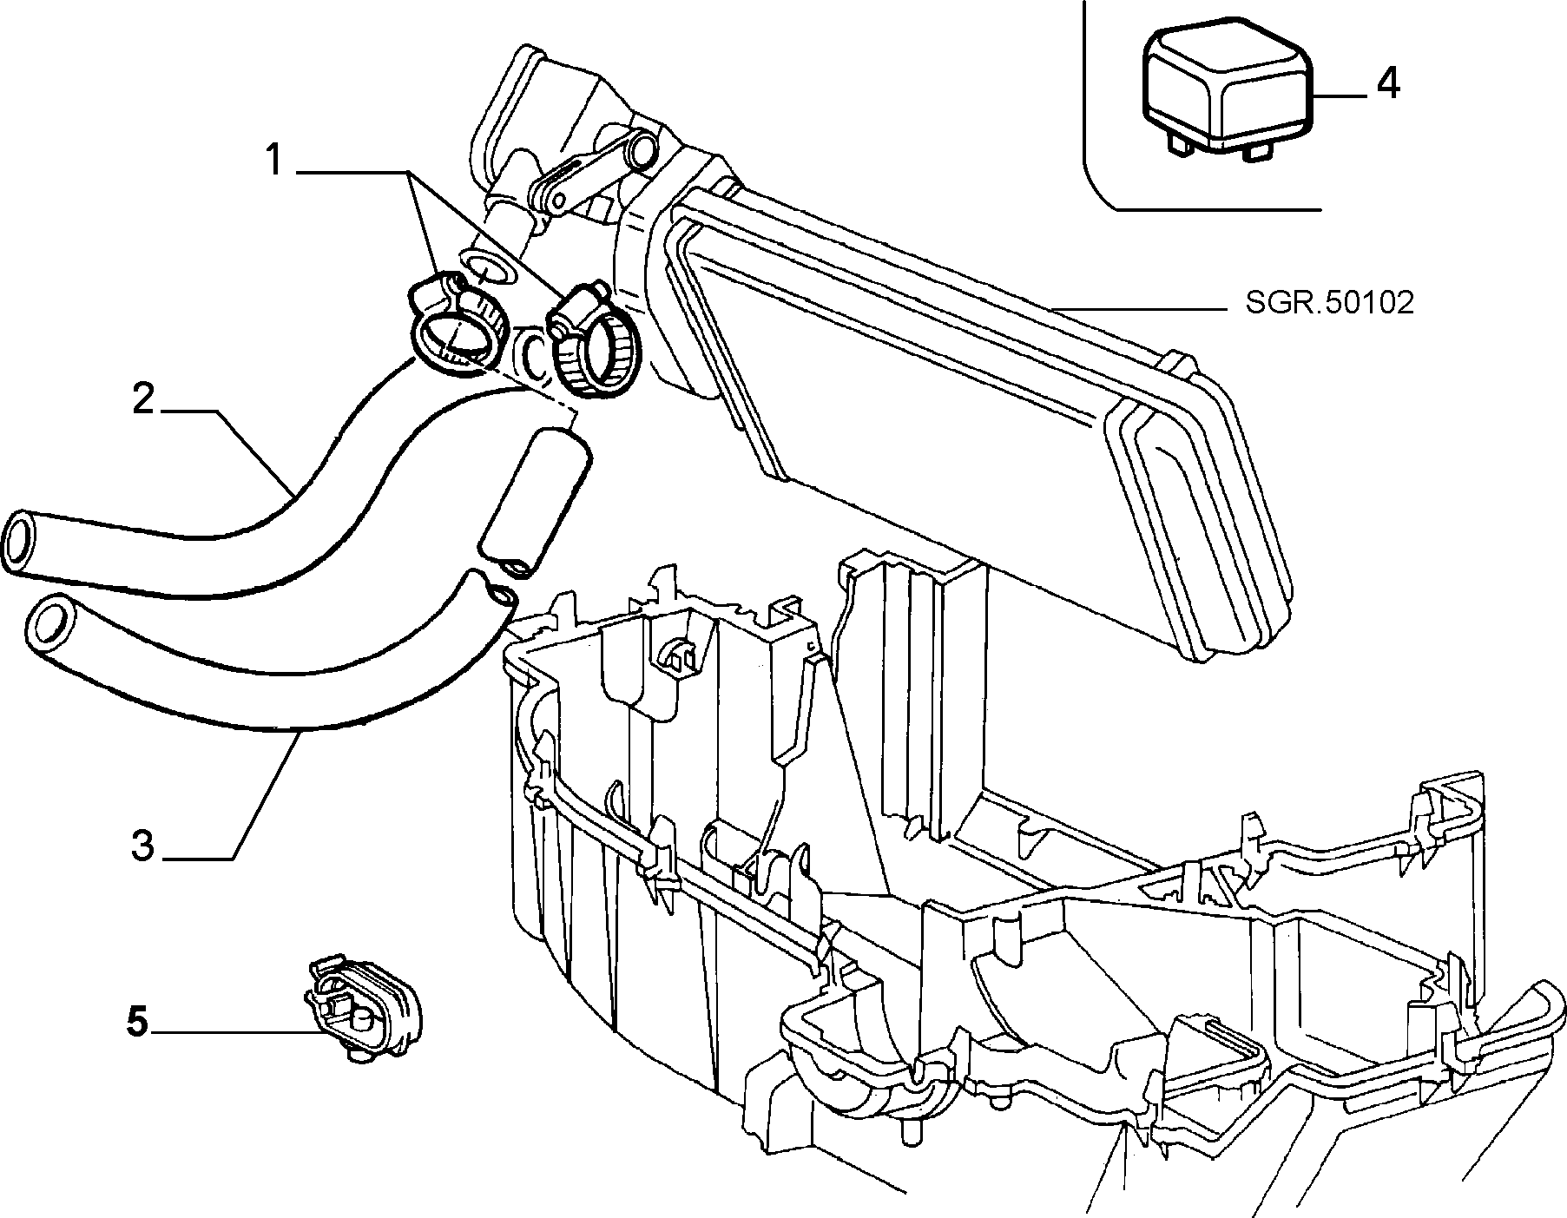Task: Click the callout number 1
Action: (274, 161)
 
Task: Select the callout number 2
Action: (143, 399)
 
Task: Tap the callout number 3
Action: (143, 846)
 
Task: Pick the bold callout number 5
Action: (138, 1021)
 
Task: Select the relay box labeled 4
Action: (1228, 91)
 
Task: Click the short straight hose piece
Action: (532, 502)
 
